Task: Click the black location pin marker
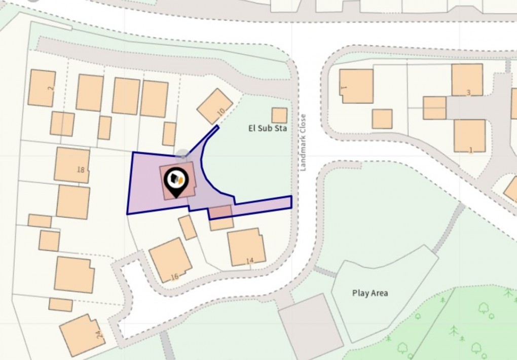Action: (176, 181)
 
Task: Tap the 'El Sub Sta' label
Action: (267, 128)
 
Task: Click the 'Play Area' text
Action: (370, 293)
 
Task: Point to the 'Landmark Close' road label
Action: (303, 142)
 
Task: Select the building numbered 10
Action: (214, 106)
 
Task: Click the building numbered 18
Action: (72, 165)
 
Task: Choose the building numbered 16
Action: (170, 260)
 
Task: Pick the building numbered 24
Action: (82, 334)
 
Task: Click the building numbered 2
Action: (42, 88)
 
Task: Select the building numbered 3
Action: (467, 79)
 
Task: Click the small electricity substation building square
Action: (279, 115)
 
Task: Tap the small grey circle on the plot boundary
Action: (182, 154)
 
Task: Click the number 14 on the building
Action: (249, 261)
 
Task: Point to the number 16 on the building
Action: (175, 276)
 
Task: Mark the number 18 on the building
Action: (81, 169)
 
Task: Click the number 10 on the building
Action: (220, 112)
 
